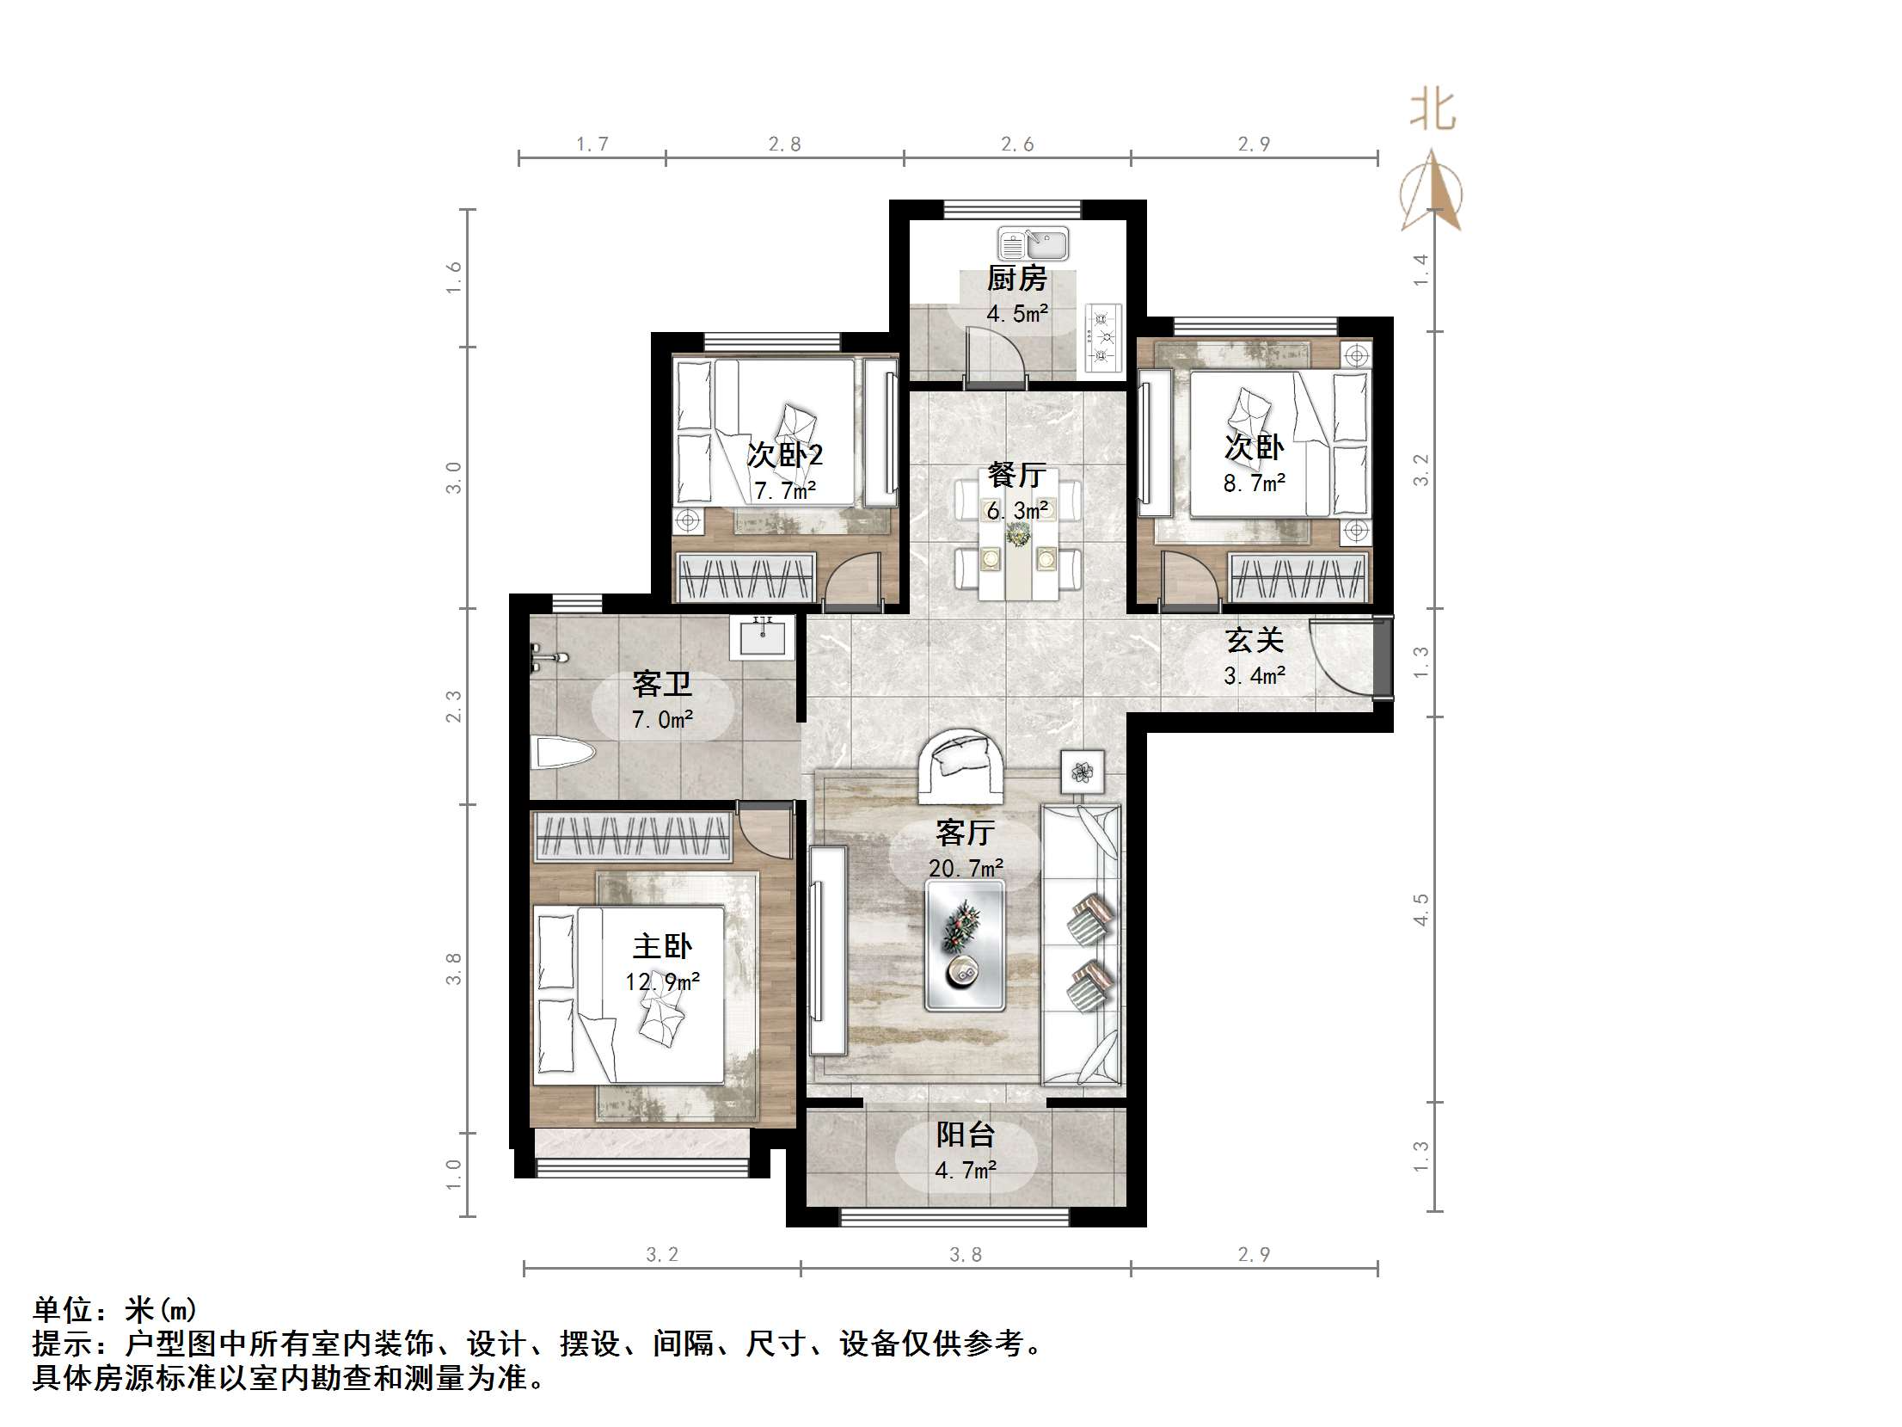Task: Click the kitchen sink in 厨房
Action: pyautogui.click(x=1033, y=244)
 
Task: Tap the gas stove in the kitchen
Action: pyautogui.click(x=1102, y=338)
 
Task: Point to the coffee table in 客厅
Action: pyautogui.click(x=965, y=944)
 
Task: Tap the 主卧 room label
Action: pyautogui.click(x=662, y=947)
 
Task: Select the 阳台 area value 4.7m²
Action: pyautogui.click(x=966, y=1170)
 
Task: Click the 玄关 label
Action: pyautogui.click(x=1255, y=640)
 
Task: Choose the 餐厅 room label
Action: pyautogui.click(x=1016, y=475)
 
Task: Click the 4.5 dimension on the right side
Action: pyautogui.click(x=1421, y=909)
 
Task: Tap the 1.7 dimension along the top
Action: pyautogui.click(x=592, y=145)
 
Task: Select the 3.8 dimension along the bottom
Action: pyautogui.click(x=965, y=1255)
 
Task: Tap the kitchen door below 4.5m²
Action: pyautogui.click(x=997, y=357)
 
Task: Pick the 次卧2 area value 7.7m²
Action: pyautogui.click(x=784, y=491)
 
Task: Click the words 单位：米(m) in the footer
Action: pyautogui.click(x=115, y=1310)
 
